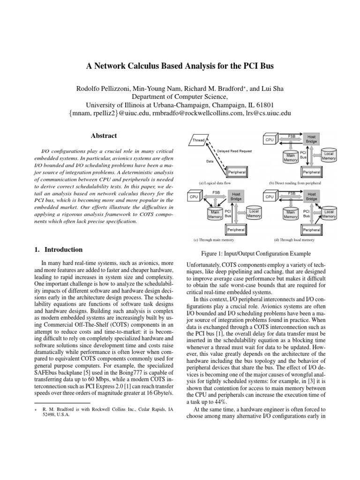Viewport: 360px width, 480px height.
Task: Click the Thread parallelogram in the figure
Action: pyautogui.click(x=198, y=140)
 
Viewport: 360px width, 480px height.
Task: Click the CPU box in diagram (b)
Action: pyautogui.click(x=269, y=140)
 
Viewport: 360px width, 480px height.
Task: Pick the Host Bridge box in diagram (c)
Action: pyautogui.click(x=236, y=196)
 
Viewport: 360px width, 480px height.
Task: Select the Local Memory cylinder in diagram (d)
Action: pyautogui.click(x=329, y=214)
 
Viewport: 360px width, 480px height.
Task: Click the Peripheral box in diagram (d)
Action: pyautogui.click(x=311, y=230)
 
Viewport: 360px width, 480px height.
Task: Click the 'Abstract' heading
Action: pyautogui.click(x=104, y=136)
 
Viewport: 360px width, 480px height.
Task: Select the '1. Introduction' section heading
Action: pyautogui.click(x=55, y=250)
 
